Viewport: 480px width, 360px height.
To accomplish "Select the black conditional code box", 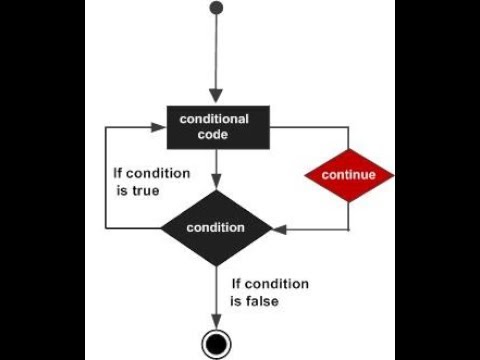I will pos(214,127).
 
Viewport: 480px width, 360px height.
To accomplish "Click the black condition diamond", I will pos(215,227).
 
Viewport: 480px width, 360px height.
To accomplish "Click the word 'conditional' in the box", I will pos(214,119).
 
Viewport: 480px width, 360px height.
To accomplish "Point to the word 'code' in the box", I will pos(214,136).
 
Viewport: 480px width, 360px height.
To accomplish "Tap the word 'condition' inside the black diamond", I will pos(215,228).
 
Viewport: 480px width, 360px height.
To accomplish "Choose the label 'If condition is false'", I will pos(269,291).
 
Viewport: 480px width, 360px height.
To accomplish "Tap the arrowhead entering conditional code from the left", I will pos(157,127).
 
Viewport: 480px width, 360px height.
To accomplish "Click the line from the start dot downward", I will pos(214,55).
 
